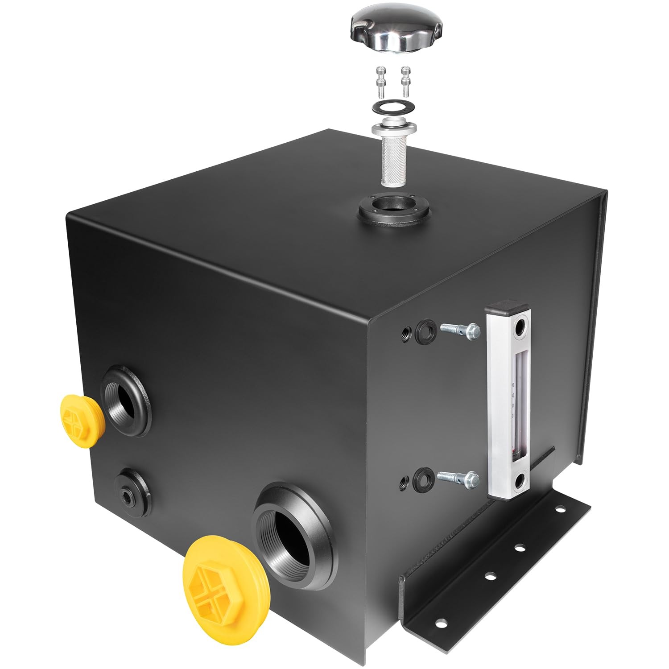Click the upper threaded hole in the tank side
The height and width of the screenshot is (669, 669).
(405, 332)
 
